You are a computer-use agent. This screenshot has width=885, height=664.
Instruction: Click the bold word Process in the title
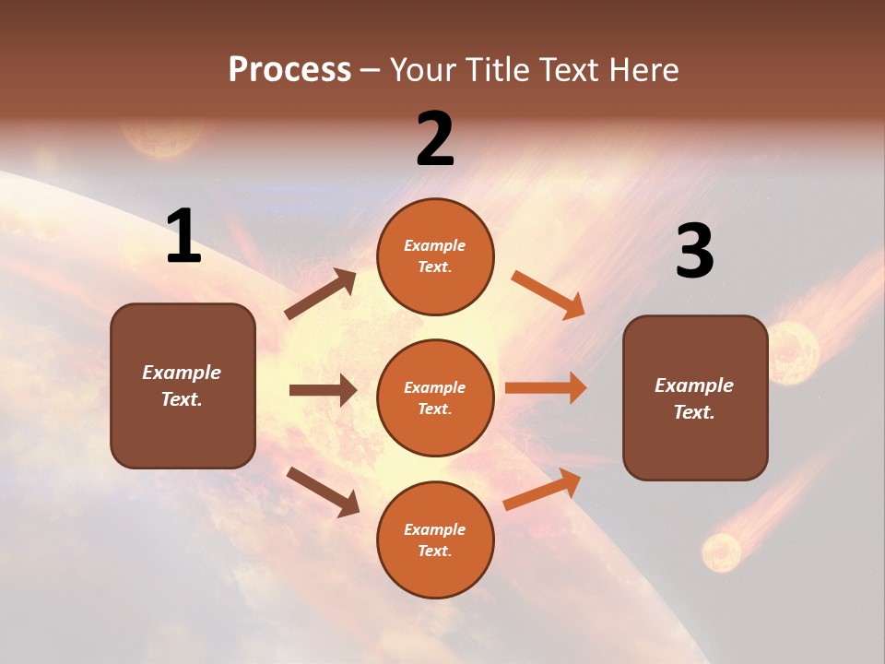tap(289, 69)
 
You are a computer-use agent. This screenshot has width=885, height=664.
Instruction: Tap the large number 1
tap(183, 237)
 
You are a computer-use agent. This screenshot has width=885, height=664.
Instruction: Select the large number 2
tap(435, 139)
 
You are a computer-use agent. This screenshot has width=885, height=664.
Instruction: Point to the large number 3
tap(694, 252)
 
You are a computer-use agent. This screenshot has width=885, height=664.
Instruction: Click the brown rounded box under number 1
tap(183, 385)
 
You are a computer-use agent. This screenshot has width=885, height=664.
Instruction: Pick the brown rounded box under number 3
tap(695, 397)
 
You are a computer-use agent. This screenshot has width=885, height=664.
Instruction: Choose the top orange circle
tap(435, 255)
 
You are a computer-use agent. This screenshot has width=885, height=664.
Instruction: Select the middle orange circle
tap(435, 397)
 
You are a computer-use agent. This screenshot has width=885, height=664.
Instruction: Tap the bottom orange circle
tap(435, 539)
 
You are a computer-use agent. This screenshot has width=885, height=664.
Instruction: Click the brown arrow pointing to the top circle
tap(320, 294)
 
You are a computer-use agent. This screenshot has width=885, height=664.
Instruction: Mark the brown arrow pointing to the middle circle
tap(323, 390)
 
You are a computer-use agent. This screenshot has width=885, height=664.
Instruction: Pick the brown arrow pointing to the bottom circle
tap(323, 492)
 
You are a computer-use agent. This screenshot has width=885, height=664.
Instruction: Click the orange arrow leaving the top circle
tap(548, 294)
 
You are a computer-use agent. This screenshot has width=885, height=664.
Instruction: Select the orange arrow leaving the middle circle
tap(546, 387)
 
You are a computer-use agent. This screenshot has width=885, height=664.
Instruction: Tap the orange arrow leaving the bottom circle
tap(542, 489)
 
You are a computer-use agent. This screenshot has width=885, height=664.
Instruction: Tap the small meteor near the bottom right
tap(721, 552)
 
